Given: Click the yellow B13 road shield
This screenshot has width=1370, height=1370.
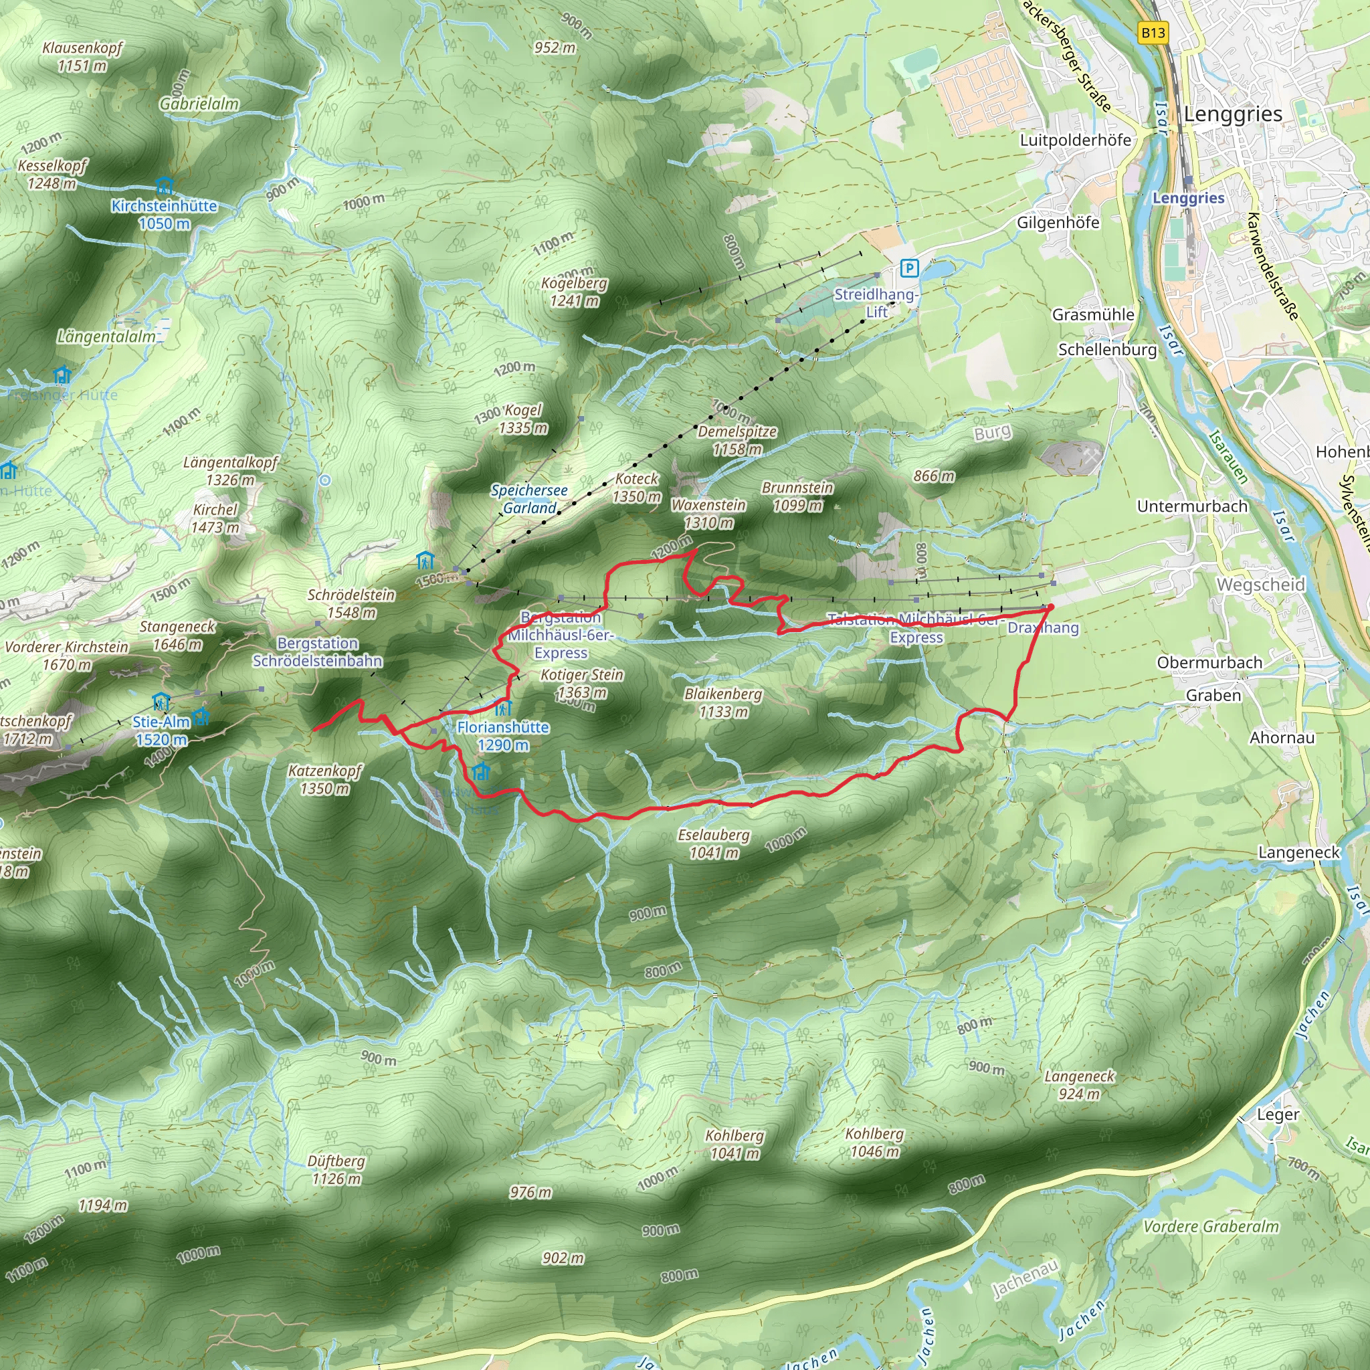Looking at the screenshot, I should click(1153, 33).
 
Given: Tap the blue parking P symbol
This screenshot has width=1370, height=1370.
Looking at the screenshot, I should click(909, 268).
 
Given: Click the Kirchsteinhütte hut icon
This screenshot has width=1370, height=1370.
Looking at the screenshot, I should click(165, 187).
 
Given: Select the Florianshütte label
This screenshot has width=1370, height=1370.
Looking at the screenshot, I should click(503, 735).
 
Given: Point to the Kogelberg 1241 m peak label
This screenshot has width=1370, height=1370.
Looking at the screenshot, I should click(575, 292).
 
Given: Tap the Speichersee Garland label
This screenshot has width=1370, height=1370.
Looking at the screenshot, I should click(529, 499).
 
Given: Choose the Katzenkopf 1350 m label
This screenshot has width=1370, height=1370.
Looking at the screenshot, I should click(324, 779).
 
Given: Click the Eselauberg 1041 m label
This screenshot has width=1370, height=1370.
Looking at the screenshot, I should click(713, 844).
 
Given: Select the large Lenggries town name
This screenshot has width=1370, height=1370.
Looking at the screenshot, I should click(1232, 114).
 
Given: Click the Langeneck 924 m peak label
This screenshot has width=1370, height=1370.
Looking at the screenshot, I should click(1079, 1085).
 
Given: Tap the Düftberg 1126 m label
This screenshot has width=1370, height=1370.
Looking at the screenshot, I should click(336, 1170).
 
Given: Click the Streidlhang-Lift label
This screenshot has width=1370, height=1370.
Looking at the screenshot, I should click(876, 303).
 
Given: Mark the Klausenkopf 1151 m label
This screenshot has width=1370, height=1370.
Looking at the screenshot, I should click(82, 57).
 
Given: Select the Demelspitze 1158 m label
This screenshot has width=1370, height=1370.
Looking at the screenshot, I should click(737, 440).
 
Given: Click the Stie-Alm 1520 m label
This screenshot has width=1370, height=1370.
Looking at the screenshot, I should click(162, 730).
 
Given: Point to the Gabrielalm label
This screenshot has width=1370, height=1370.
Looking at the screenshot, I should click(199, 104).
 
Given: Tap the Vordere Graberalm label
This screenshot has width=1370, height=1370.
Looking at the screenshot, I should click(1211, 1227).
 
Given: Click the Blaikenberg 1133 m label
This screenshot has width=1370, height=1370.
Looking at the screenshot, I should click(723, 703).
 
